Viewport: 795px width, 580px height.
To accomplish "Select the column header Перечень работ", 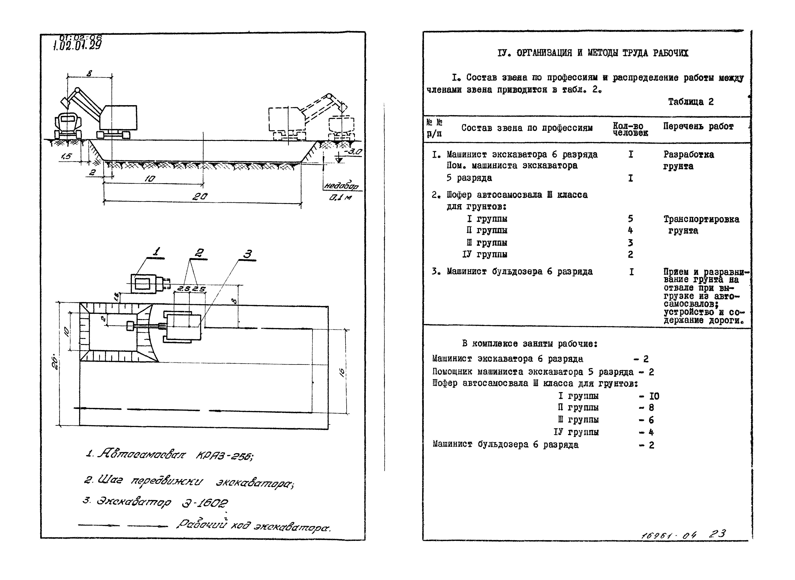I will pyautogui.click(x=698, y=127).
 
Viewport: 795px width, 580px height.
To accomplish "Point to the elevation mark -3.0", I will pyautogui.click(x=352, y=152).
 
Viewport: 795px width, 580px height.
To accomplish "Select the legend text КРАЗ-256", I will pyautogui.click(x=224, y=456).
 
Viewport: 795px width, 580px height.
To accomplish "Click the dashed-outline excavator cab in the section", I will pyautogui.click(x=285, y=119).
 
